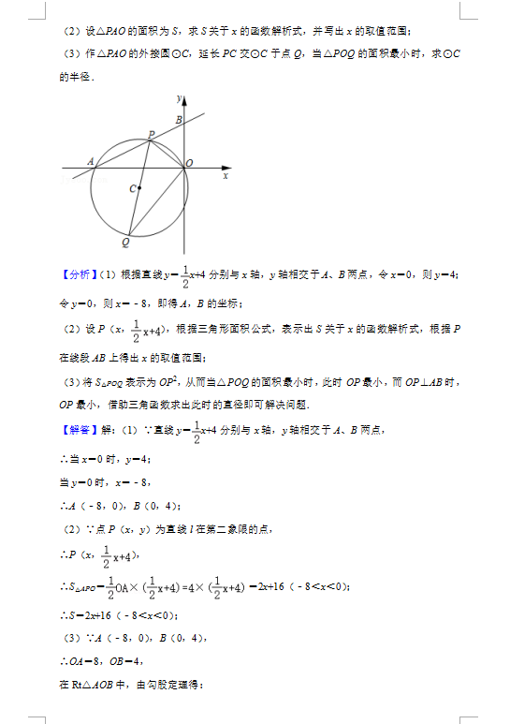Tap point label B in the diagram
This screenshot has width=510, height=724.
pos(179,119)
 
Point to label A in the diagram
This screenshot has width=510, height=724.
pos(91,161)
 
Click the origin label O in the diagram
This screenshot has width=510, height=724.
pos(189,164)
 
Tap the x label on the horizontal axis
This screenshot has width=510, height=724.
pos(226,175)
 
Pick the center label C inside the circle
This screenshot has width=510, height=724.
pos(132,189)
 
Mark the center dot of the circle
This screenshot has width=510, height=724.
pos(139,188)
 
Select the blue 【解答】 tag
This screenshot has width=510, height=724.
pos(78,430)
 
